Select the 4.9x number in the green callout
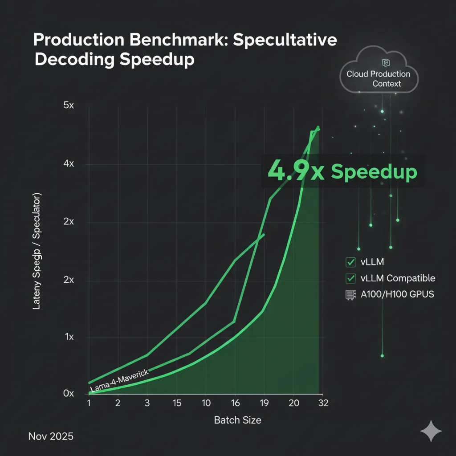[x=289, y=172]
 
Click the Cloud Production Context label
[x=379, y=79]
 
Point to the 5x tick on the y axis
[x=69, y=106]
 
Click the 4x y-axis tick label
[x=69, y=164]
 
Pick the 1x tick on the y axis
[x=69, y=337]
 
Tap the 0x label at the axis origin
[x=69, y=394]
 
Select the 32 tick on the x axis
[x=323, y=403]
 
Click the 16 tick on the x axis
[x=236, y=403]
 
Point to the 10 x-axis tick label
[x=206, y=403]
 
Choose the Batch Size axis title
[x=237, y=420]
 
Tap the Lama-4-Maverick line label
[x=119, y=381]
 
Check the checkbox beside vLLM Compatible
[x=350, y=278]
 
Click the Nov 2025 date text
[x=51, y=436]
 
